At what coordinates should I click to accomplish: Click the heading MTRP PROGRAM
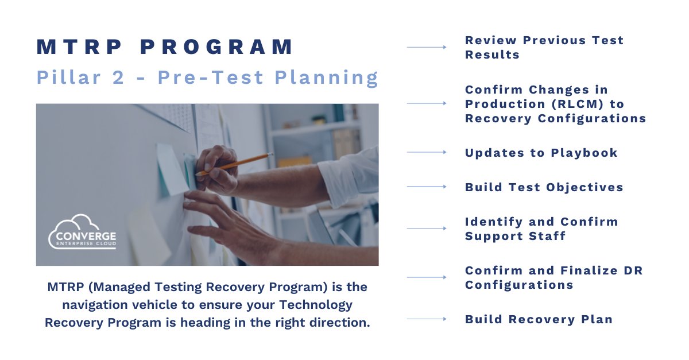click(165, 47)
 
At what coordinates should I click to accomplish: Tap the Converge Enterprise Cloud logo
click(82, 233)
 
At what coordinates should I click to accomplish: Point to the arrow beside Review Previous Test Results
click(427, 47)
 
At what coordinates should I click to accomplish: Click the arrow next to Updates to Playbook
click(427, 152)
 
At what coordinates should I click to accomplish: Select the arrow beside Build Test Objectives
click(427, 187)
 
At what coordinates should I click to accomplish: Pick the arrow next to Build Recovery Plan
click(427, 319)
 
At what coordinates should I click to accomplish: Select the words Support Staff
click(515, 236)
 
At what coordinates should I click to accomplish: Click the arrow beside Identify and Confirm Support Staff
click(427, 228)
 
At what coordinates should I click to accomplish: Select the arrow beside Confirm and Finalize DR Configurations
click(427, 277)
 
